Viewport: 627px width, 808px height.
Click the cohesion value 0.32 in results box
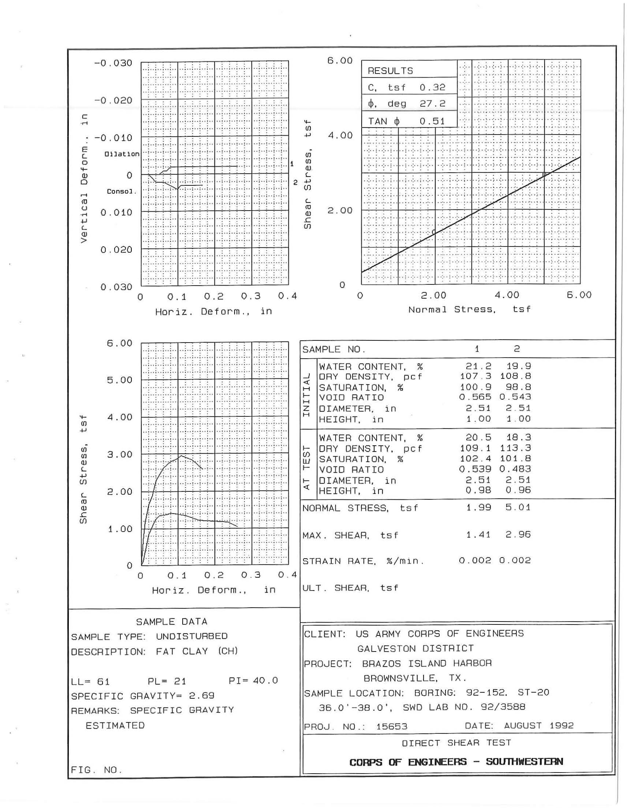coord(432,87)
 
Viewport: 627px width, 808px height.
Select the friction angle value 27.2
coord(432,103)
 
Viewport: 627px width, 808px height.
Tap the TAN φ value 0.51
coord(432,121)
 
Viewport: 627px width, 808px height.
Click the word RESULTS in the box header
coord(390,71)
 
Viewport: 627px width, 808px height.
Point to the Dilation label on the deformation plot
coord(122,154)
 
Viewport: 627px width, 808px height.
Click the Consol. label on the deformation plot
coord(122,192)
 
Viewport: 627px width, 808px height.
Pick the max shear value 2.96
coord(518,535)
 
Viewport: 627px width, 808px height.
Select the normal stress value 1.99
coord(478,507)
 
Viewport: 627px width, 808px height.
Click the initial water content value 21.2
coord(478,367)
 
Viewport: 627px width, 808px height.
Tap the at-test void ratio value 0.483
coord(515,469)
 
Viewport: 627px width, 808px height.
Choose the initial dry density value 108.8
coord(515,377)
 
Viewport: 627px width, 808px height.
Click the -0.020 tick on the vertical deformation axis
coord(113,101)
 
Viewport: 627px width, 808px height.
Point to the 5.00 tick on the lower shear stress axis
coord(120,380)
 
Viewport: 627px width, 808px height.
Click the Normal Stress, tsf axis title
coord(469,309)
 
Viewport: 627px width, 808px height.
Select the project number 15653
coord(391,726)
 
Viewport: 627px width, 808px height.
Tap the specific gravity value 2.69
coord(201,696)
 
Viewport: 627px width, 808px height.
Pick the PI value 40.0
coord(265,681)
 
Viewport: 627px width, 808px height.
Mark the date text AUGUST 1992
coord(538,725)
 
